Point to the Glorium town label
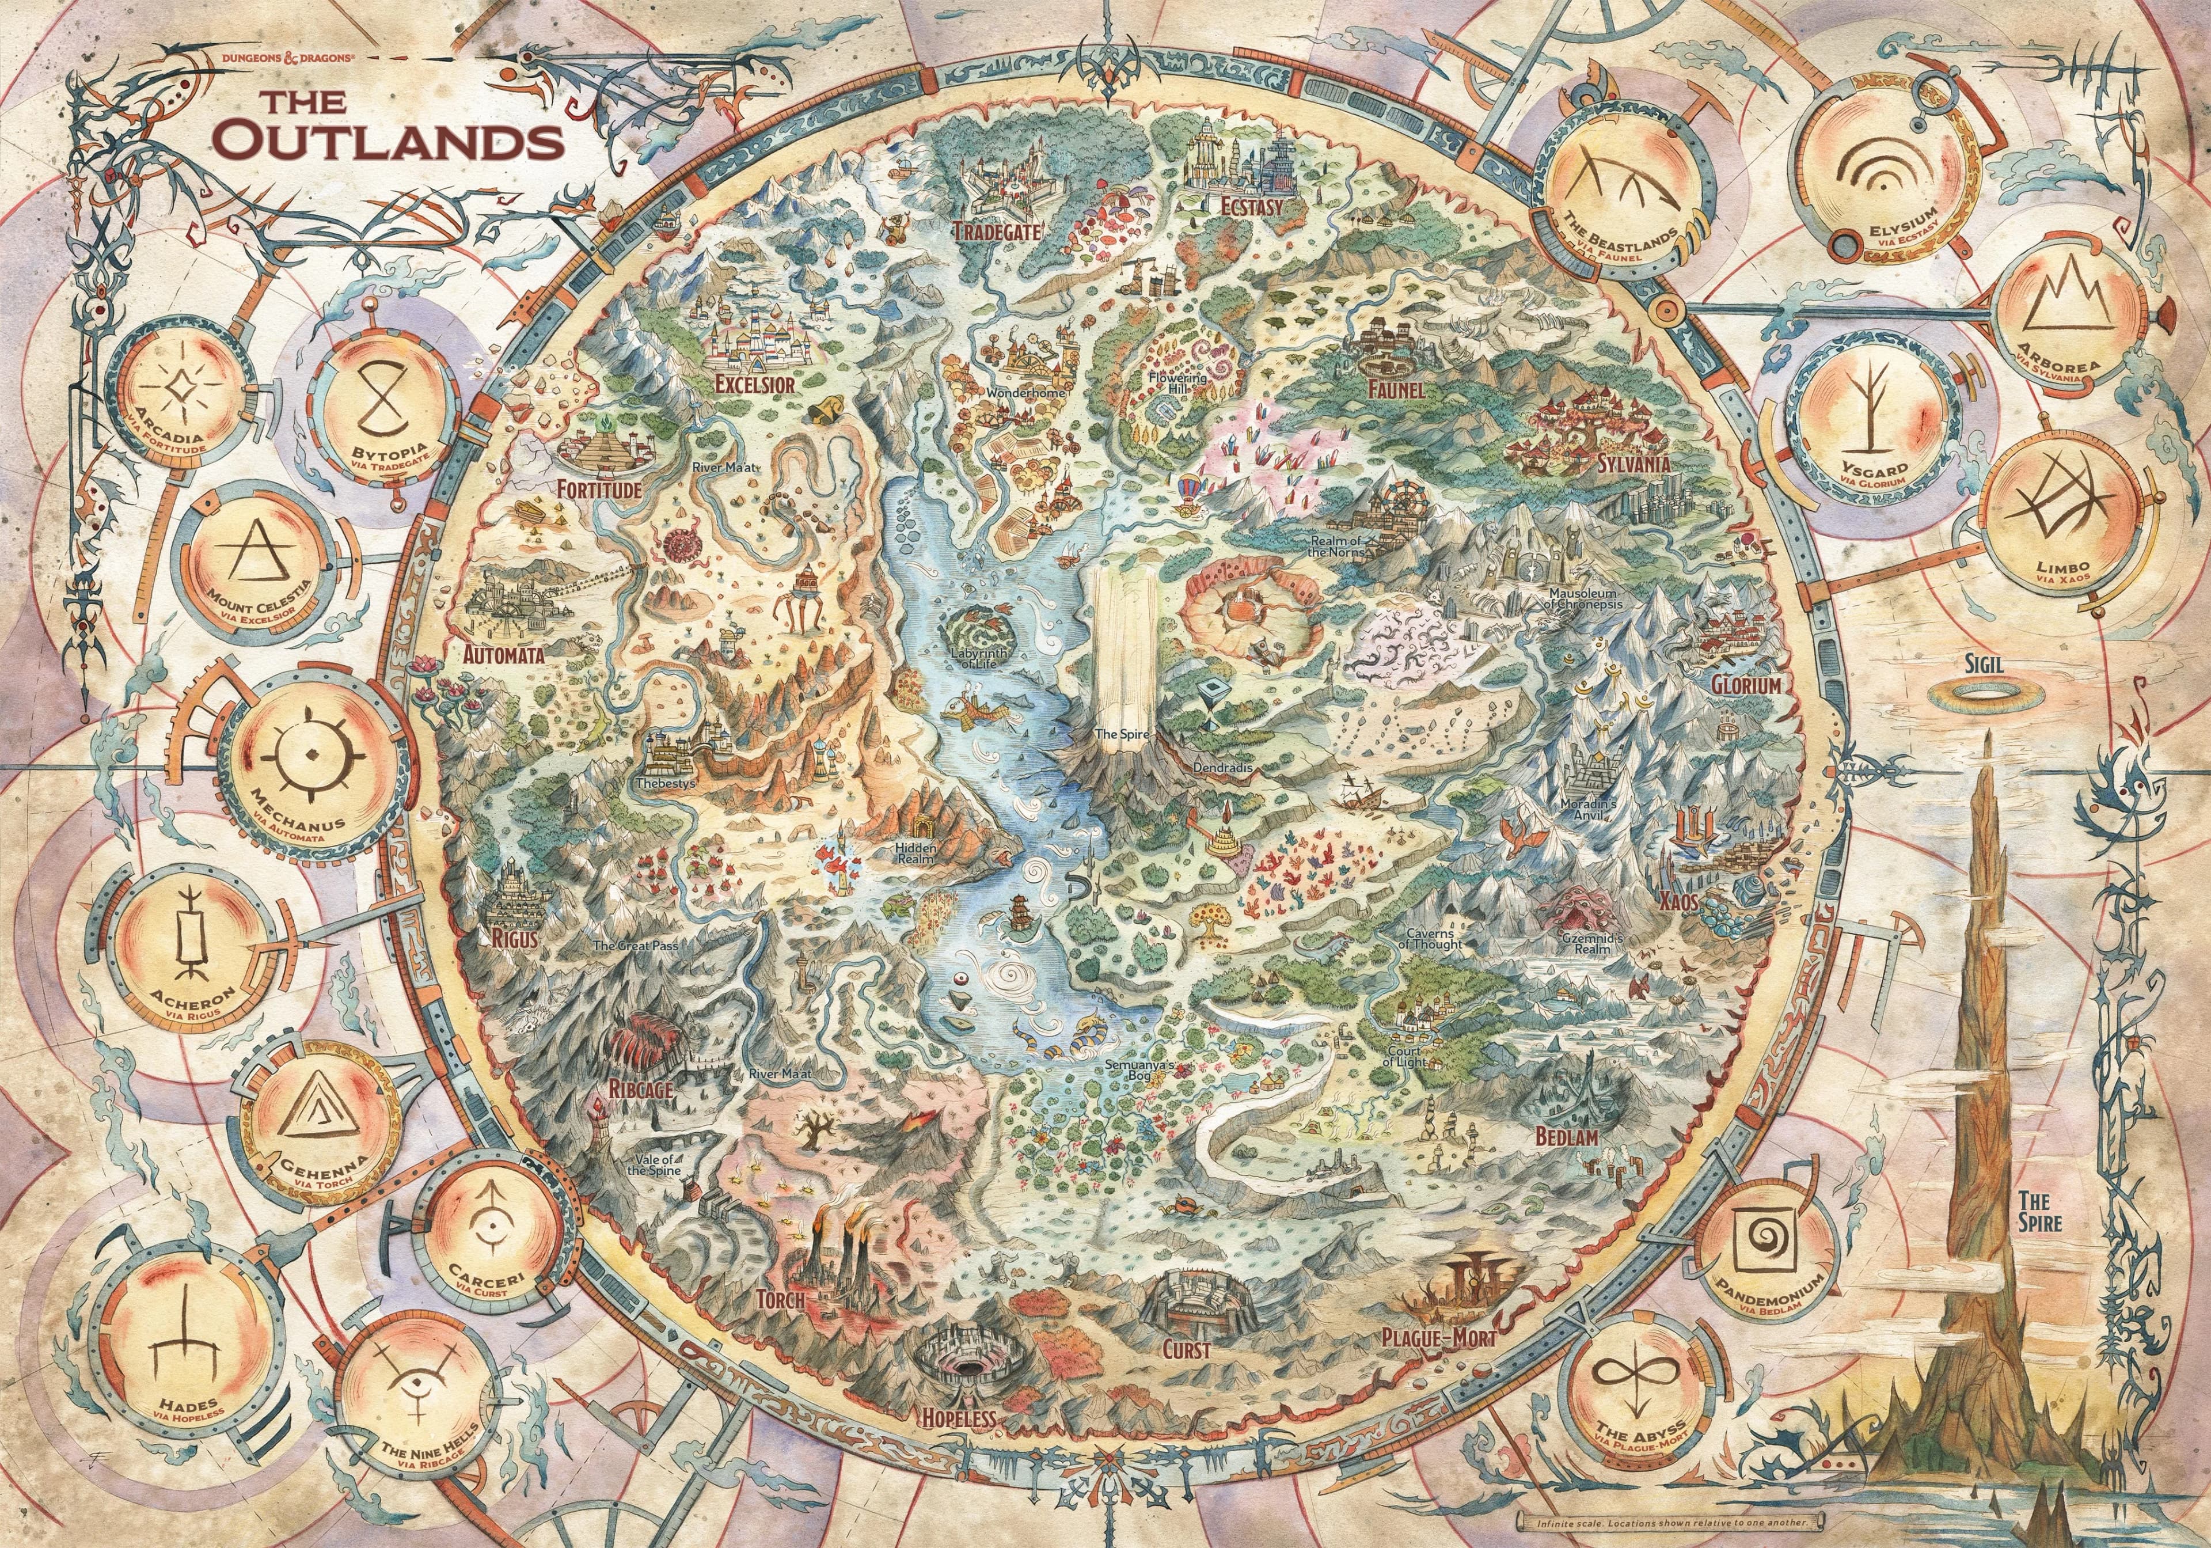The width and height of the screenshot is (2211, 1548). [1746, 684]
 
